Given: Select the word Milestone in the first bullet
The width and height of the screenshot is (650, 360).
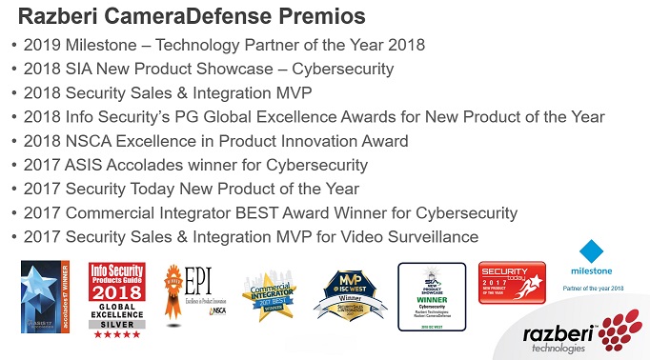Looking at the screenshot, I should click(105, 45).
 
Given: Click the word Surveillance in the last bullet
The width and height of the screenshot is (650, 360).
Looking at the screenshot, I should click(433, 237).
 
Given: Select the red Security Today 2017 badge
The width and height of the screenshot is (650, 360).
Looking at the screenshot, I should click(511, 283).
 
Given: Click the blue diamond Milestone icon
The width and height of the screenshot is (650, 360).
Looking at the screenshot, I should click(592, 251).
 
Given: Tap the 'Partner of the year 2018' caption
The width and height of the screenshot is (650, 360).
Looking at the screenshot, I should click(599, 288).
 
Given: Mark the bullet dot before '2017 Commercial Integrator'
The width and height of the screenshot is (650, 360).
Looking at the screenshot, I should click(12, 213).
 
